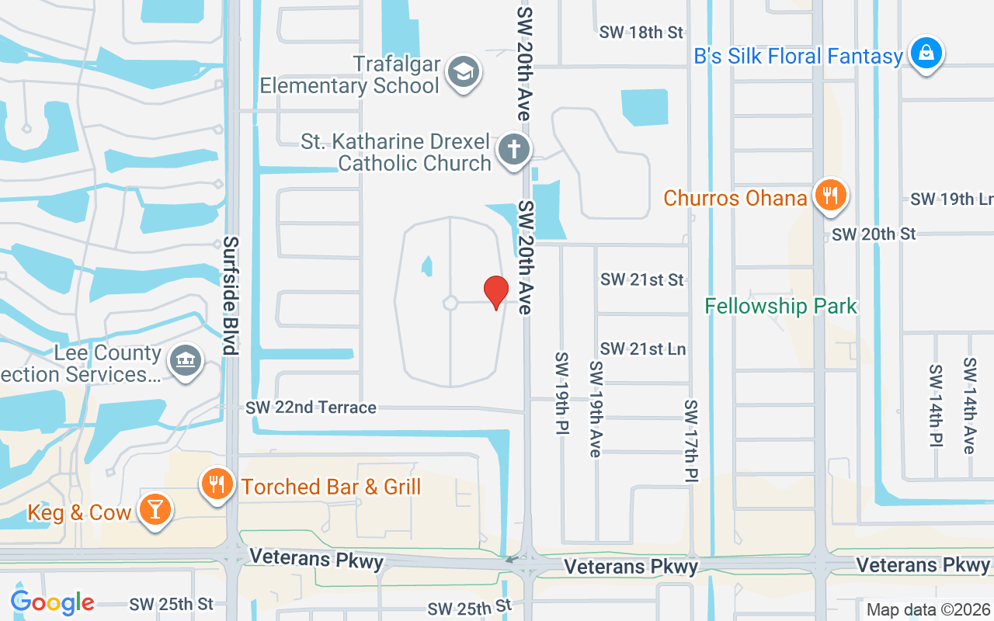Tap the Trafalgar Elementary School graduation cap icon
[x=464, y=72]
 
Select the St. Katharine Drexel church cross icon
[x=513, y=148]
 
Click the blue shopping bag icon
[x=926, y=54]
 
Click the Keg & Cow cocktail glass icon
[x=155, y=509]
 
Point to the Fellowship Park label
[x=780, y=306]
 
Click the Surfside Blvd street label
[x=231, y=295]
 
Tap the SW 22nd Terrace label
[x=311, y=408]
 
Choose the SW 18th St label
[x=641, y=33]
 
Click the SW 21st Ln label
[x=642, y=349]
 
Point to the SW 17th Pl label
[x=691, y=441]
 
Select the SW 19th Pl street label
[x=561, y=393]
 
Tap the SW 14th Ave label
[x=969, y=405]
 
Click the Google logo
[x=52, y=602]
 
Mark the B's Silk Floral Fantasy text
[x=798, y=56]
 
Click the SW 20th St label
[x=874, y=234]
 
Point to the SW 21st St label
[x=642, y=279]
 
